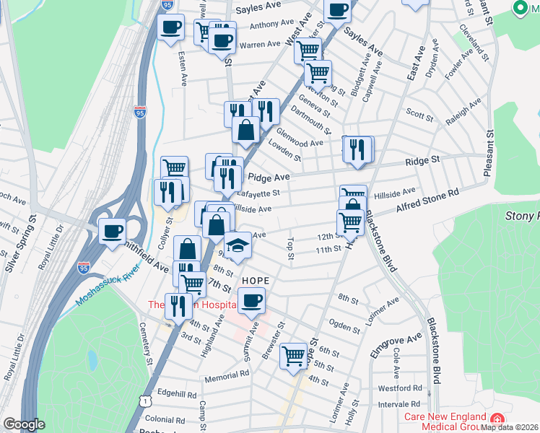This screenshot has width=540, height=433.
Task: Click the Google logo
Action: tap(24, 424)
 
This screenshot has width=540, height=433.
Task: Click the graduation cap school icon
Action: tap(238, 245)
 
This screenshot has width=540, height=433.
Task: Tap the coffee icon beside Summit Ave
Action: tap(251, 300)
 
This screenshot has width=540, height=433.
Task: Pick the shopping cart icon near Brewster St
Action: tap(294, 355)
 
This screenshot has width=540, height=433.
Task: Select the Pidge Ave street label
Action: tap(269, 177)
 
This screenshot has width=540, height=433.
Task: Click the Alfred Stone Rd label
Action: tap(427, 203)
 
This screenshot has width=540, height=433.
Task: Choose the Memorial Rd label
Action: tap(227, 375)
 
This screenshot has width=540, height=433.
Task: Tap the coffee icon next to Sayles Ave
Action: tap(337, 9)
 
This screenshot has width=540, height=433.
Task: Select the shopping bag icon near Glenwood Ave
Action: tap(246, 130)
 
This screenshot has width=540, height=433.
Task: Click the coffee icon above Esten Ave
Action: tap(170, 27)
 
